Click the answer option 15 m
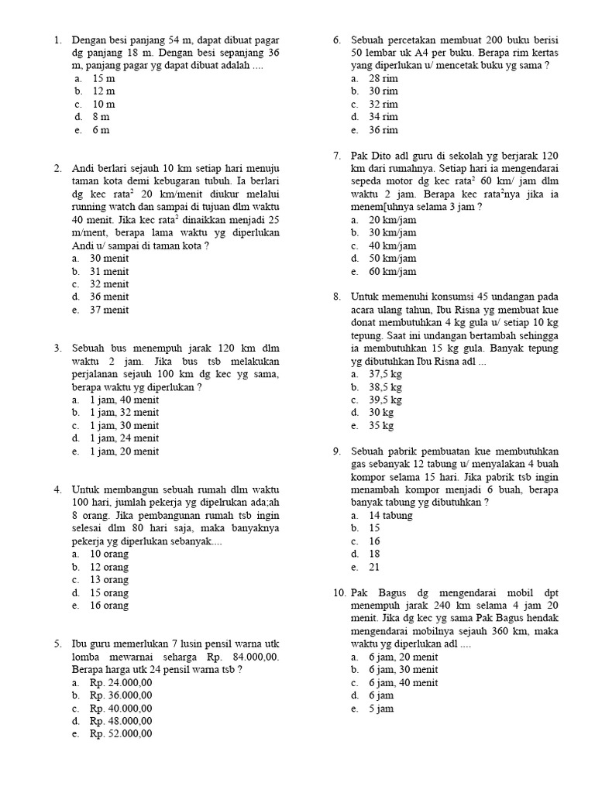[x=102, y=78]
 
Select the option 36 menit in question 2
[x=109, y=297]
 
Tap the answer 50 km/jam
[x=393, y=259]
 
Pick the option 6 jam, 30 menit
[x=403, y=669]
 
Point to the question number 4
[x=58, y=489]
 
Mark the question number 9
[x=337, y=451]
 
